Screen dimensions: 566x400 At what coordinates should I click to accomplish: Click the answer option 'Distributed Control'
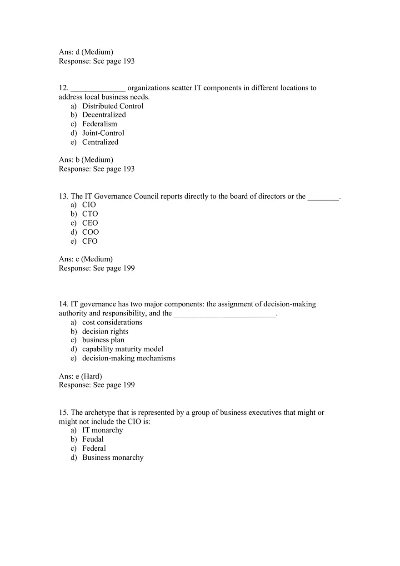[113, 106]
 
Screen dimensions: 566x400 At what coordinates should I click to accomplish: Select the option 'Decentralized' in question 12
[104, 115]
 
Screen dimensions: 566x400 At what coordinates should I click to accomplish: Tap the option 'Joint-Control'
[103, 133]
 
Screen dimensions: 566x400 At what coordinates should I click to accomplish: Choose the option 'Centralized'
[100, 142]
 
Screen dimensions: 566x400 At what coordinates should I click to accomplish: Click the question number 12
[63, 88]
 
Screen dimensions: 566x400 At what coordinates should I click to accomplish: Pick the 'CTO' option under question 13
[90, 214]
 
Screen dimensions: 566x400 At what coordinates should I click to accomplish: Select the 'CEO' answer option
[90, 223]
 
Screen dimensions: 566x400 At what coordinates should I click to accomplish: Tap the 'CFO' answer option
[90, 241]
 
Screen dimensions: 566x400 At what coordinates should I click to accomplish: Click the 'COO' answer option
[90, 232]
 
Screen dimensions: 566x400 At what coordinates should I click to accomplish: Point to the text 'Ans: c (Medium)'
[86, 259]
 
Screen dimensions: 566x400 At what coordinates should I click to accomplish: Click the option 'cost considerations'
[112, 322]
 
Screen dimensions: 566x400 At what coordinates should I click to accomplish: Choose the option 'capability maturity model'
[123, 349]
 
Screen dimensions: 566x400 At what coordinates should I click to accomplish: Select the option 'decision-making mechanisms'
[129, 358]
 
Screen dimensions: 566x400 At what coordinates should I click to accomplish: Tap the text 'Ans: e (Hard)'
[80, 376]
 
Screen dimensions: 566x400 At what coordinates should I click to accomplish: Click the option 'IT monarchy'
[103, 430]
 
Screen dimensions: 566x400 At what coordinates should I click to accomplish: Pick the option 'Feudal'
[93, 439]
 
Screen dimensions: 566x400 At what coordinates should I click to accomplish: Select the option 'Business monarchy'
[113, 458]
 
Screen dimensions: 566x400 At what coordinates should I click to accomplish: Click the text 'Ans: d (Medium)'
[86, 52]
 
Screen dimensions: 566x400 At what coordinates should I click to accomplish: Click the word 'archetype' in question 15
[100, 413]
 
